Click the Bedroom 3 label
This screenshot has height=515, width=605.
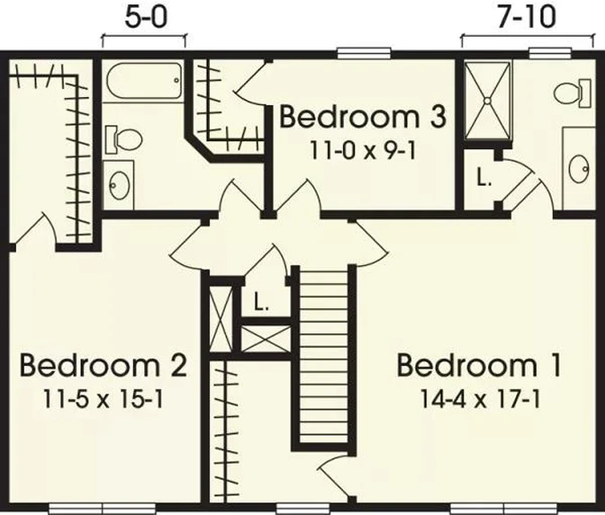(363, 117)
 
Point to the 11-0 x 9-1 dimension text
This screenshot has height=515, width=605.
(363, 151)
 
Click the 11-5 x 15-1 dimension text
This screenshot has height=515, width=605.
(103, 399)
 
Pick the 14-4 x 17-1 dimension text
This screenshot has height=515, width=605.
(479, 399)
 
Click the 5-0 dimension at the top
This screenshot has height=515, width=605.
(147, 18)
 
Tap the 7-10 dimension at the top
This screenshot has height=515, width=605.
(527, 18)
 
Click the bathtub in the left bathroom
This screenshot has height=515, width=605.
(143, 82)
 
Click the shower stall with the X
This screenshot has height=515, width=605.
(487, 100)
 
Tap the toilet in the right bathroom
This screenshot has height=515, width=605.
(573, 93)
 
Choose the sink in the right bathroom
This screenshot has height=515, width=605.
(578, 169)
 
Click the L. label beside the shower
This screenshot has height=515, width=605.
(483, 178)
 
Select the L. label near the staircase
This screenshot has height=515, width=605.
(261, 302)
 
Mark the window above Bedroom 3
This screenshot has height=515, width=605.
(363, 53)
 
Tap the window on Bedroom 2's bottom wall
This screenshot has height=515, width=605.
(103, 508)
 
